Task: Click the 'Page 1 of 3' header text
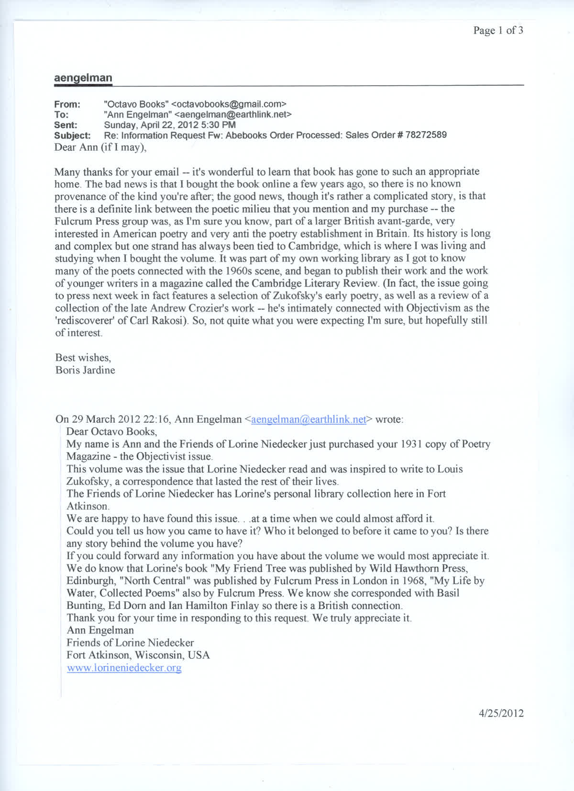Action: click(x=498, y=31)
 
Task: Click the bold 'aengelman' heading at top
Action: click(x=83, y=78)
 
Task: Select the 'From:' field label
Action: click(x=67, y=104)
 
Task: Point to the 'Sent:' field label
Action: click(x=66, y=125)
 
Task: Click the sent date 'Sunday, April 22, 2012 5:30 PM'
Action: click(x=170, y=125)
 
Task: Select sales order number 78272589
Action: click(x=426, y=135)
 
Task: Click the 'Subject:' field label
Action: click(x=72, y=136)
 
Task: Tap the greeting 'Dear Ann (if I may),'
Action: click(x=100, y=147)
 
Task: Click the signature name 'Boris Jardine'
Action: click(x=85, y=370)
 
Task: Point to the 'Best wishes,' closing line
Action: click(x=83, y=358)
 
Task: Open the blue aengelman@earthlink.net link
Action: click(x=309, y=419)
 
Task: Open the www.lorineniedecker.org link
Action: click(x=124, y=668)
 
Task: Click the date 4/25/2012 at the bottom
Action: click(x=501, y=713)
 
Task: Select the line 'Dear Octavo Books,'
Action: click(x=111, y=431)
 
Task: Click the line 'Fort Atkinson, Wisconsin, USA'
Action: click(x=138, y=655)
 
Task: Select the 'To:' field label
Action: click(x=61, y=114)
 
